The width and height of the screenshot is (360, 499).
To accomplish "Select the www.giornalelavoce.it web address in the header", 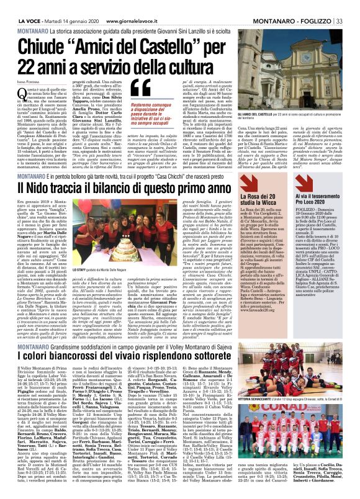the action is pyautogui.click(x=125, y=6).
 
